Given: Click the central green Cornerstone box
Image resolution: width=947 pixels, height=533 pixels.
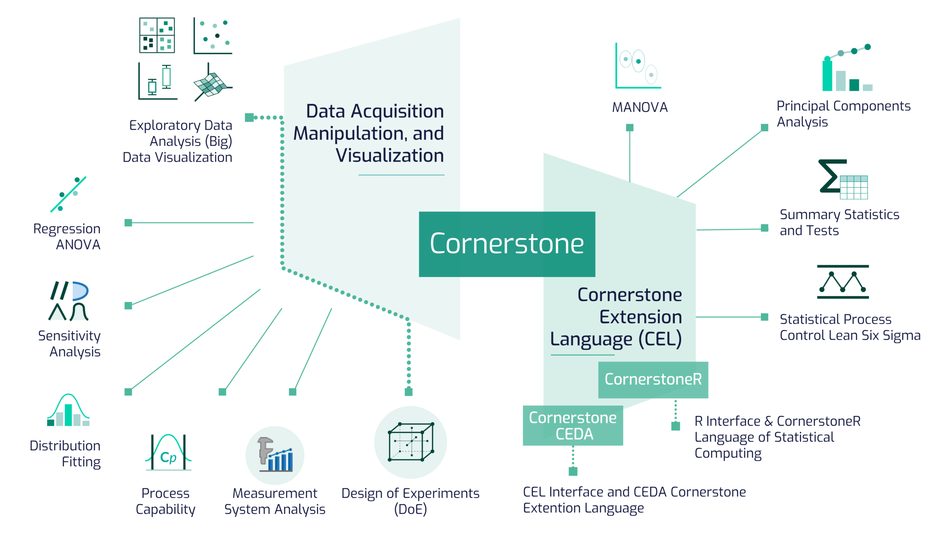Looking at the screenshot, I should tap(507, 244).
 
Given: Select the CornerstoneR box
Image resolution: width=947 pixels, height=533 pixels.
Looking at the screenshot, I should tap(653, 379).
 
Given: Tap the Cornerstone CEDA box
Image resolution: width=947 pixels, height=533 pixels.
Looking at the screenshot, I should tap(573, 426).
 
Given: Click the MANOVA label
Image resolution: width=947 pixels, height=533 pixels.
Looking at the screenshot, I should tap(640, 107).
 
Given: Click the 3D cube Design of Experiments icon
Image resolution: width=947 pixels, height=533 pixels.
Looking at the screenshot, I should tap(411, 442).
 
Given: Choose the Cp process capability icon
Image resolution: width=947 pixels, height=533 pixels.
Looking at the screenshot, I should tap(168, 453).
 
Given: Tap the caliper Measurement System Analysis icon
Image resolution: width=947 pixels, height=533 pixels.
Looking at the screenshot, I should tap(275, 455).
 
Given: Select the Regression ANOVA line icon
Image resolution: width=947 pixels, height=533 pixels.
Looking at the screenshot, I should tap(69, 194).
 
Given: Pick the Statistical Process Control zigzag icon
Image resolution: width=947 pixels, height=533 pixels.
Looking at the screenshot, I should tap(842, 282).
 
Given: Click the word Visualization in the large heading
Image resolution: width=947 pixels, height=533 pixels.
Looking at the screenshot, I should tap(390, 155).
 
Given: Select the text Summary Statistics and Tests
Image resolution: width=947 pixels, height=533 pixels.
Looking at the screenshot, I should tap(839, 223).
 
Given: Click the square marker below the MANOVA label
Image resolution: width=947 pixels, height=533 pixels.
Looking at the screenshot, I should tap(630, 128).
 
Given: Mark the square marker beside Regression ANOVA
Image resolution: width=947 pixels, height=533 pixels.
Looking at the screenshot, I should tap(128, 223).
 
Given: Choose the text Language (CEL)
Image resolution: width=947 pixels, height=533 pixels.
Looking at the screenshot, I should tap(616, 339).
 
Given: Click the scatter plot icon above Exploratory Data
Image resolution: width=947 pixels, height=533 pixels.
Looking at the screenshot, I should tap(213, 36).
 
